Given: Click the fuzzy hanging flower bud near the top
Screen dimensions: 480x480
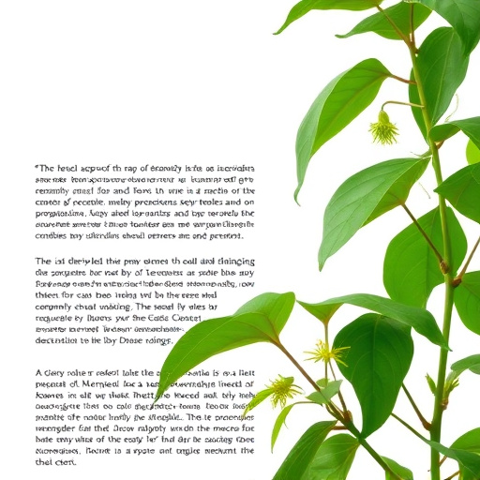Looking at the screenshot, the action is coord(382,128).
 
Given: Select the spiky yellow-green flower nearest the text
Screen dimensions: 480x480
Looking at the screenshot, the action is coord(282,390).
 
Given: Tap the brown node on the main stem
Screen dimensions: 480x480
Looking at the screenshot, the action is coord(444,266).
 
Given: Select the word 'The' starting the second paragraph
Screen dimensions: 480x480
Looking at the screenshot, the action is coord(44,262).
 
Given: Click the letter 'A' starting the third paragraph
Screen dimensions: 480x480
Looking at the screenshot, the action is coord(37,372).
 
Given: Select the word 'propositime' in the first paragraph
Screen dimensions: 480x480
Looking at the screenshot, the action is coord(63,213).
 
